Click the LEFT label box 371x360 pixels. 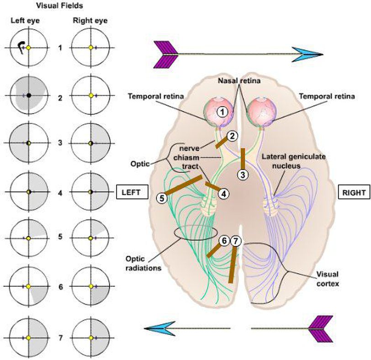pyautogui.click(x=132, y=192)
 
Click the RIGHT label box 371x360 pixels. pyautogui.click(x=354, y=192)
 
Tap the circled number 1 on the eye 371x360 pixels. pyautogui.click(x=222, y=111)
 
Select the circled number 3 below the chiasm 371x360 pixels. pyautogui.click(x=243, y=174)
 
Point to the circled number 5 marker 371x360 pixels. pyautogui.click(x=161, y=198)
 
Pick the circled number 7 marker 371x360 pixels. pyautogui.click(x=235, y=240)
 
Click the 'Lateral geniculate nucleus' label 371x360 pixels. pyautogui.click(x=293, y=161)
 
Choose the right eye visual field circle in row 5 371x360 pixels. pyautogui.click(x=91, y=238)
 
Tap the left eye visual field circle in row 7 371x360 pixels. pyautogui.click(x=28, y=338)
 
